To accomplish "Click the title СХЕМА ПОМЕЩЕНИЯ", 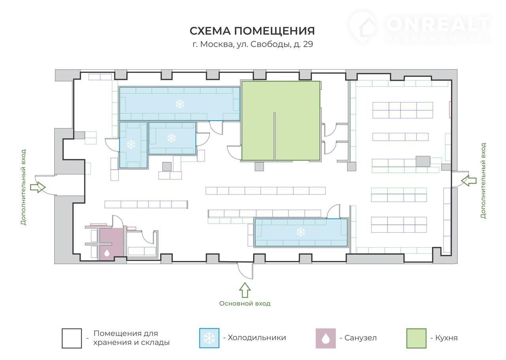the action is click(x=252, y=31).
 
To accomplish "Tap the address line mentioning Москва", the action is click(x=253, y=44).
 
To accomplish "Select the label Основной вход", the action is click(x=245, y=303).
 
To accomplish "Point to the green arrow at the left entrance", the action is click(x=38, y=187).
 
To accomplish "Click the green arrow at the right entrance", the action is click(x=469, y=181).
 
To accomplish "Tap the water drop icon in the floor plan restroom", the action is click(x=107, y=253).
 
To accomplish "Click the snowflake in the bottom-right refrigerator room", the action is click(x=301, y=232).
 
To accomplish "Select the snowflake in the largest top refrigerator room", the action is click(x=179, y=104).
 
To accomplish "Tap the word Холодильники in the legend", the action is click(x=257, y=337).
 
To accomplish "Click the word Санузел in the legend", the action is click(x=361, y=338).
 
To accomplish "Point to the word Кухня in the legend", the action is click(x=446, y=338).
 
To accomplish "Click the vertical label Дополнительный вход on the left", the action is click(x=23, y=187).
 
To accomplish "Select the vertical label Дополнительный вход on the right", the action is click(x=483, y=180).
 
